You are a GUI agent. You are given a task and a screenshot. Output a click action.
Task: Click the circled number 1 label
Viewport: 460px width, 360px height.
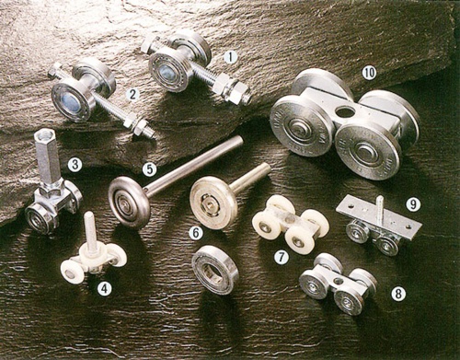(x=231, y=56)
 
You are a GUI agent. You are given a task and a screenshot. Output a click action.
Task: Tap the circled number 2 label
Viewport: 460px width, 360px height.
(x=132, y=94)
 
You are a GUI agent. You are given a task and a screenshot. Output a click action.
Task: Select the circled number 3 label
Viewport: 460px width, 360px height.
(x=75, y=165)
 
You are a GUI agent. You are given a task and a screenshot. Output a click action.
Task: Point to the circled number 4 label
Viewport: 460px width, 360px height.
(x=105, y=288)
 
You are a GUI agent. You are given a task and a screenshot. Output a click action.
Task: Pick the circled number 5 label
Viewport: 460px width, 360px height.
(x=149, y=169)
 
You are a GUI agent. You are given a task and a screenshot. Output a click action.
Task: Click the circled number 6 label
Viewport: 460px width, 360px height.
(x=196, y=233)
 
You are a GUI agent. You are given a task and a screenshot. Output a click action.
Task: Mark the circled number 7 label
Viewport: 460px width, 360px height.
(x=281, y=257)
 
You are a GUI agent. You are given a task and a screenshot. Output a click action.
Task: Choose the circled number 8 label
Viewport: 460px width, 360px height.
(x=397, y=294)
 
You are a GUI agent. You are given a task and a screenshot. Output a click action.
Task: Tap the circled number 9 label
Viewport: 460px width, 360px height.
(x=413, y=204)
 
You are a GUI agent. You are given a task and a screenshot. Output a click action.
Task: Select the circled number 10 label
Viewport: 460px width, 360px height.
(x=368, y=72)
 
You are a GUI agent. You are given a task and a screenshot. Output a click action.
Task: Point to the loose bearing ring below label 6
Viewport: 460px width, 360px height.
(x=214, y=269)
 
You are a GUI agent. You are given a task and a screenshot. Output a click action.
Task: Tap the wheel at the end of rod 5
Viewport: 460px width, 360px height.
(x=129, y=202)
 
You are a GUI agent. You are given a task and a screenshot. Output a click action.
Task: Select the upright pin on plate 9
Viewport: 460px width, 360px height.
(x=378, y=208)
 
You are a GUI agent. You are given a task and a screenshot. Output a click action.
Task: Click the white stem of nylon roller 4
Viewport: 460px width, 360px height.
(x=91, y=231)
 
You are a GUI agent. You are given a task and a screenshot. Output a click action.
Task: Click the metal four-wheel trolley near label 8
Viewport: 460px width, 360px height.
(x=337, y=284)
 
